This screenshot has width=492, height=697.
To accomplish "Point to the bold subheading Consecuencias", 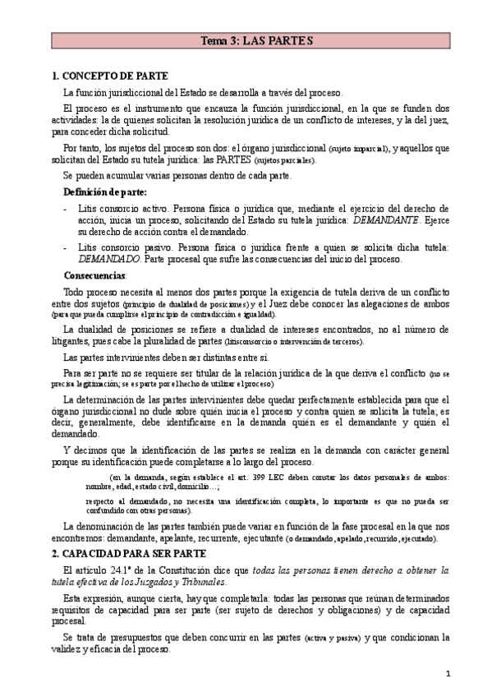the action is (x=95, y=275).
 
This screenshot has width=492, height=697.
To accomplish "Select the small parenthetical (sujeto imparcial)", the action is (x=358, y=148).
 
